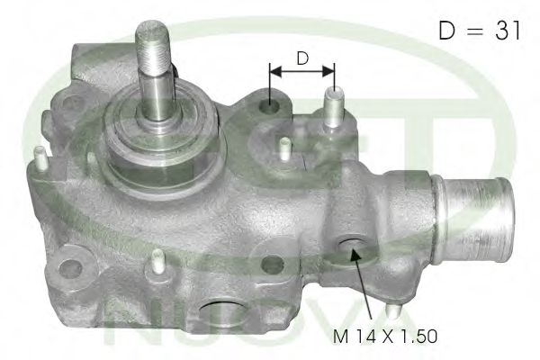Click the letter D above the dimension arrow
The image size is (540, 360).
point(303,59)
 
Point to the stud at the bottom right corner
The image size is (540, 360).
point(393,310)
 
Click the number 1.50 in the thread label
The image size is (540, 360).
point(418,337)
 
